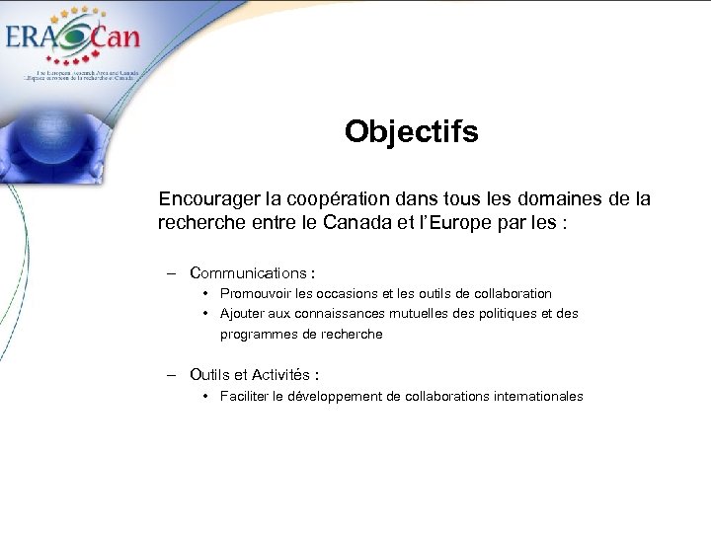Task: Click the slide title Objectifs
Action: click(x=411, y=131)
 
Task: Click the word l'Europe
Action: click(x=474, y=223)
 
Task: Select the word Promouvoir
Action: click(x=257, y=293)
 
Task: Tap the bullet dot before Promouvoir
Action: click(x=204, y=293)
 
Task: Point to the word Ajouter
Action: click(x=241, y=314)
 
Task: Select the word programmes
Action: click(x=259, y=335)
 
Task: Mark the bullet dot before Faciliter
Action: click(x=204, y=396)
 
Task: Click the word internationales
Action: click(x=535, y=396)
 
